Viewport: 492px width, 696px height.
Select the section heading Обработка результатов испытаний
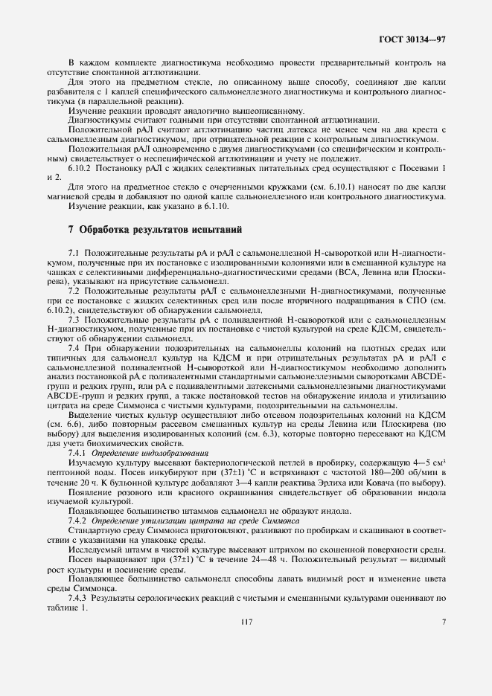pyautogui.click(x=160, y=228)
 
